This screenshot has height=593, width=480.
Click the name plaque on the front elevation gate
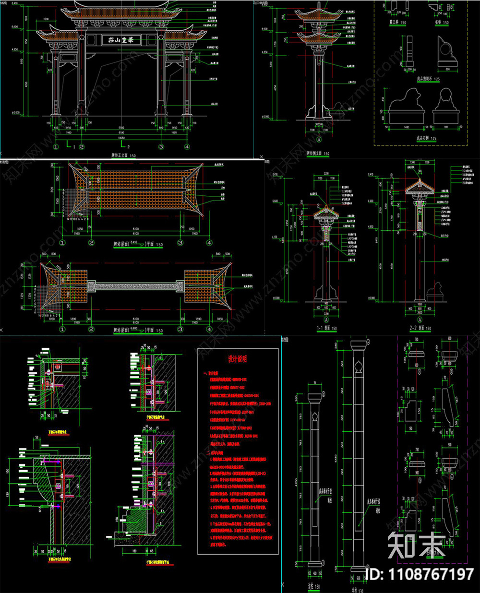click(x=121, y=40)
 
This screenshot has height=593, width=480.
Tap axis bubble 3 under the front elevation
click(x=161, y=147)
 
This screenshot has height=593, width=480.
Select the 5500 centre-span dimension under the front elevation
click(x=121, y=128)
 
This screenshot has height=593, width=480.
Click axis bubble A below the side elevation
click(x=319, y=139)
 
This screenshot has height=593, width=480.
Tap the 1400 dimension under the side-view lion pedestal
click(x=406, y=128)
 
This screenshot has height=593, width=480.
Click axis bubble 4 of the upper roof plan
click(x=209, y=243)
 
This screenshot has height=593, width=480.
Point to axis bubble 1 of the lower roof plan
click(x=62, y=330)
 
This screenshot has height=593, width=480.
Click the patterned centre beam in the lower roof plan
click(x=136, y=286)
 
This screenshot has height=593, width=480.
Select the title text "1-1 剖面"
click(x=326, y=329)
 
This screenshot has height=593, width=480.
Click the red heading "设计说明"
click(x=237, y=359)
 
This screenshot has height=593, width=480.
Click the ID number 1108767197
click(x=419, y=574)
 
